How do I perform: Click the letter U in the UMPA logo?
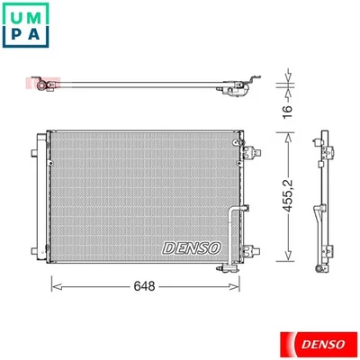pyautogui.click(x=16, y=17)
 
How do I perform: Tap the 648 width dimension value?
pyautogui.click(x=143, y=287)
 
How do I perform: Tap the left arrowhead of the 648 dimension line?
pyautogui.click(x=51, y=287)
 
